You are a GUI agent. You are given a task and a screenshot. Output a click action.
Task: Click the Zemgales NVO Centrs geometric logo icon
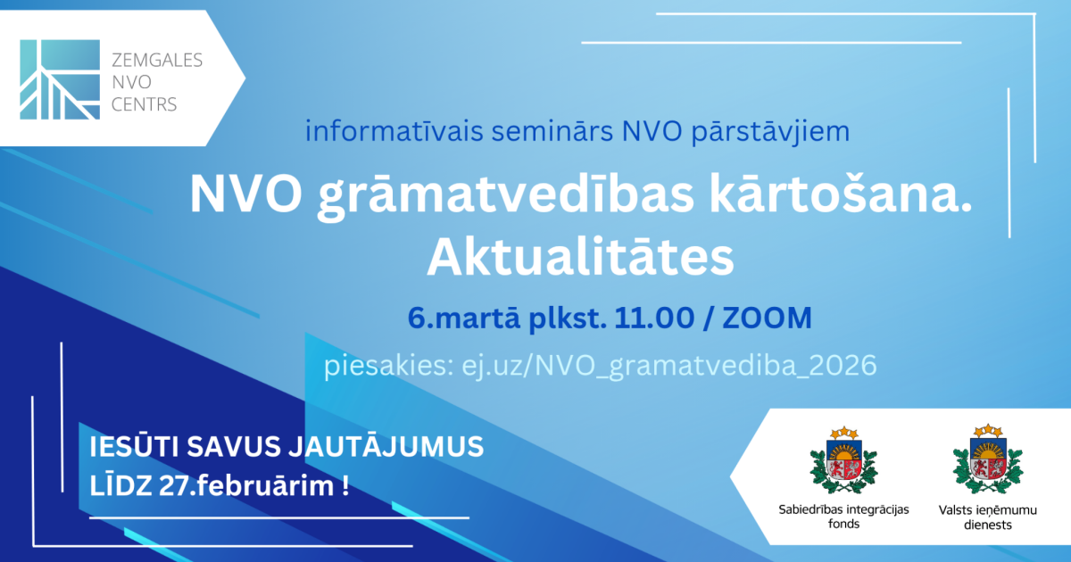[x=60, y=79]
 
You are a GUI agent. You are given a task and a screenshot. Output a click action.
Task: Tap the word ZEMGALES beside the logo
[x=157, y=61]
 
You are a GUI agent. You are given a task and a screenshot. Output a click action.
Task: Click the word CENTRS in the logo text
[x=144, y=104]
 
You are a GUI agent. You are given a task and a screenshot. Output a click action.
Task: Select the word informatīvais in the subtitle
[x=394, y=131]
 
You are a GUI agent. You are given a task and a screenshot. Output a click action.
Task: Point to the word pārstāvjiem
[x=771, y=132]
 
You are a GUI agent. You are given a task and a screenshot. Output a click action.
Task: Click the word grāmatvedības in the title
[x=505, y=196]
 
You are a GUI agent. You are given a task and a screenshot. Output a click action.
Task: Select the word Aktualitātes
[x=580, y=257]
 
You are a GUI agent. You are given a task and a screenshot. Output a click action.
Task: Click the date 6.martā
[x=463, y=318]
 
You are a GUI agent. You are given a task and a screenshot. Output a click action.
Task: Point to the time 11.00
[x=654, y=318]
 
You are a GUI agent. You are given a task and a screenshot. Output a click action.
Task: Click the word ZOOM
[x=767, y=318]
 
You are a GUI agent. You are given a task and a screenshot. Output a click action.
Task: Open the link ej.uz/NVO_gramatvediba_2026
[x=668, y=366]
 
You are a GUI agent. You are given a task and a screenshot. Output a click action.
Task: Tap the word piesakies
[x=388, y=366]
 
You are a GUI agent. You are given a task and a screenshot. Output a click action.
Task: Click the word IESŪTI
[x=135, y=446]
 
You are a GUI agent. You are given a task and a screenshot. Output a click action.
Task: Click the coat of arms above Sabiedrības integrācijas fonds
[x=843, y=459]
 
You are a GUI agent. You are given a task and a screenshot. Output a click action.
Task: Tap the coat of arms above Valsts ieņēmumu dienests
[x=987, y=459]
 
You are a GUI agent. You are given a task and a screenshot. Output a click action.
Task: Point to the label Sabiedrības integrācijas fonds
[x=843, y=517]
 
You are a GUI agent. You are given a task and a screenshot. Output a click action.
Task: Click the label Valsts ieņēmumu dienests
[x=987, y=517]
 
